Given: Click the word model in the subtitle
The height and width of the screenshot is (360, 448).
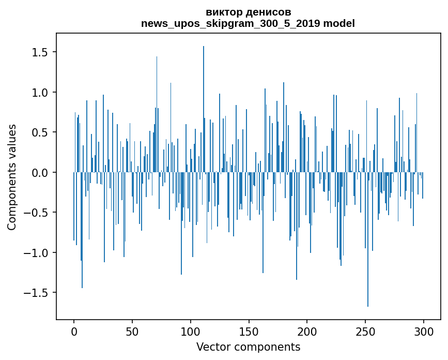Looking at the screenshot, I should tap(339, 23).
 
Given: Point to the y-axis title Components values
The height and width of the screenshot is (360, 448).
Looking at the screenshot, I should tap(12, 177).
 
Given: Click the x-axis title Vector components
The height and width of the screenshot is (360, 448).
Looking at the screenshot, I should tap(248, 347).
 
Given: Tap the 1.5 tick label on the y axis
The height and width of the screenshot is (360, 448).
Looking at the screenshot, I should tap(40, 52).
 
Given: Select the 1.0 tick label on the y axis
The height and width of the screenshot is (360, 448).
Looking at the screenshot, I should tap(40, 93).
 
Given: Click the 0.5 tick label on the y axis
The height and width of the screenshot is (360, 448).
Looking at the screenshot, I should tap(40, 132).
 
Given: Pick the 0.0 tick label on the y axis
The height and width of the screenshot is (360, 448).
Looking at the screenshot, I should tap(40, 173).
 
